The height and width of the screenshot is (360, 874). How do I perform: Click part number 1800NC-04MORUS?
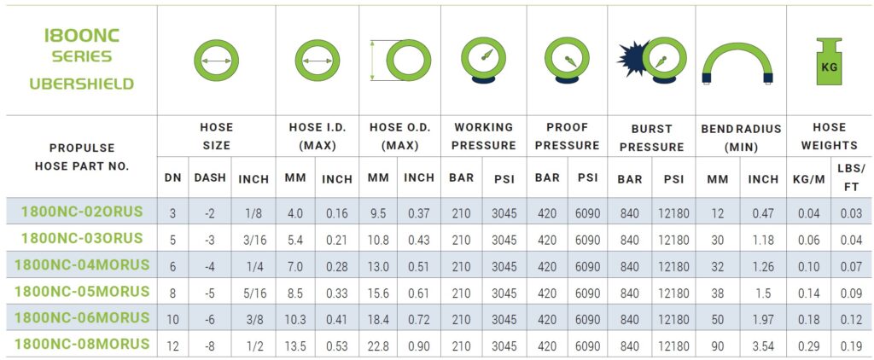82,264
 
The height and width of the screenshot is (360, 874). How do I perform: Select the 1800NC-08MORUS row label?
82,343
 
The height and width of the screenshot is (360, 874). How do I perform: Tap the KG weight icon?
829,62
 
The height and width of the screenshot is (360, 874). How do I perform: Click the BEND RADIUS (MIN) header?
741,138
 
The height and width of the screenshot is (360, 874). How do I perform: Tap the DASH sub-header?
210,177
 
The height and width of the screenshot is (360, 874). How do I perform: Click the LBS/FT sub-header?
851,177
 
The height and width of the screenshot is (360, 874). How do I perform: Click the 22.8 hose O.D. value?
378,346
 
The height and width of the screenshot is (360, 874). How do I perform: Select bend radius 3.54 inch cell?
762,346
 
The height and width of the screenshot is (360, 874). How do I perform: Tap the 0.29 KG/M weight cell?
808,346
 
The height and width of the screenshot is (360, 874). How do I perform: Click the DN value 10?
172,319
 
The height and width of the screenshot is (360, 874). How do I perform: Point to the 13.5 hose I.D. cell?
294,346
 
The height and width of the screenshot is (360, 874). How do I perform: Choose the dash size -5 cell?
210,293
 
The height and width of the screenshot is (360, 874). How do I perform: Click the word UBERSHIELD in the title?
82,84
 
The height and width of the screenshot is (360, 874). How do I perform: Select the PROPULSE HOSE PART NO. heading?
82,157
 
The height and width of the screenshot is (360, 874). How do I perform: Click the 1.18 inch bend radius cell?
762,240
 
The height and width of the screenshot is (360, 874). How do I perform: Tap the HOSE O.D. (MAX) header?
399,136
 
